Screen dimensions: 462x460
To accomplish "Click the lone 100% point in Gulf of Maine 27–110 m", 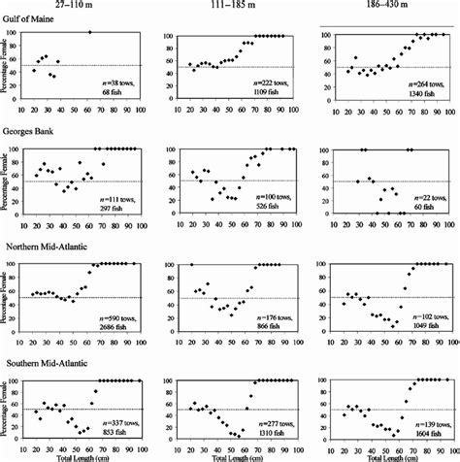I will click(89, 33).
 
